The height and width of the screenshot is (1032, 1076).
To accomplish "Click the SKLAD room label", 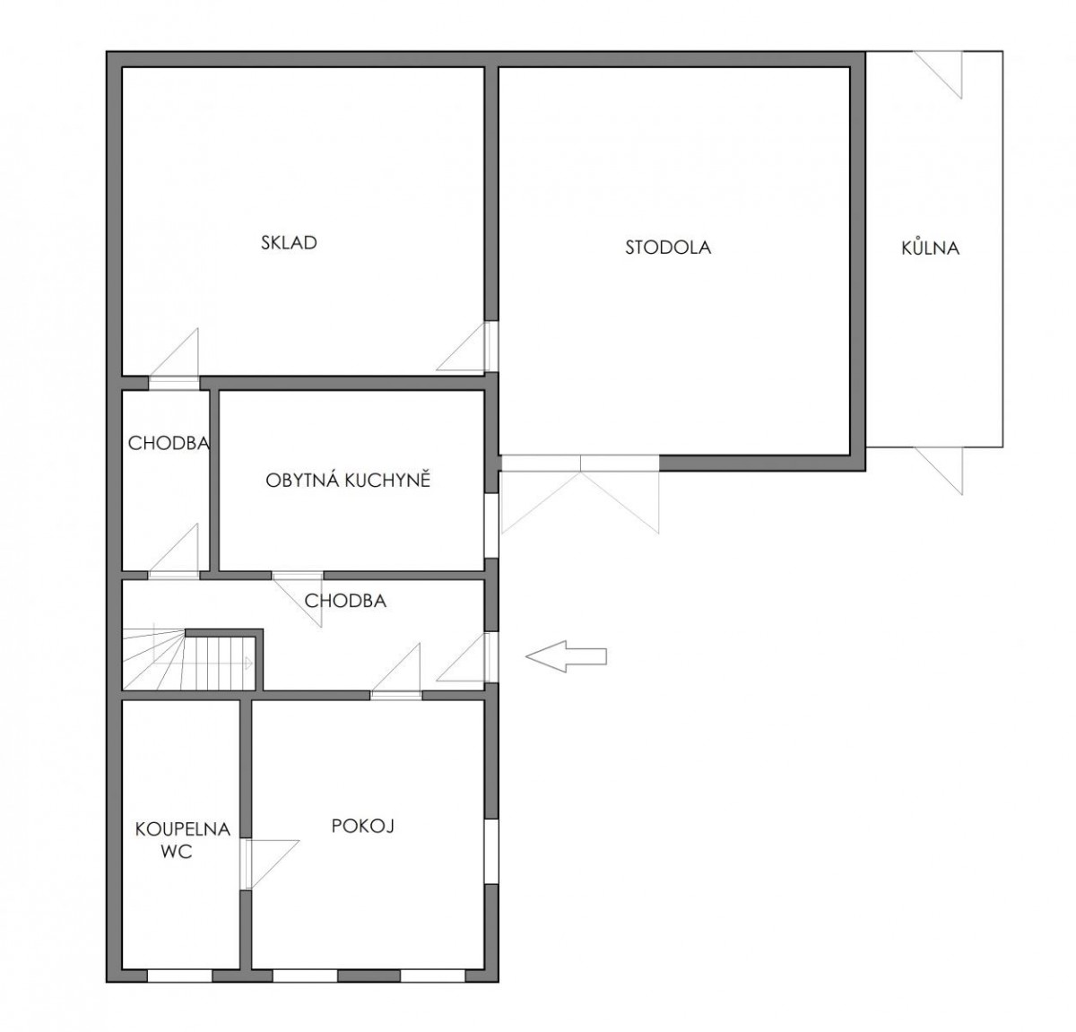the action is click(x=289, y=243).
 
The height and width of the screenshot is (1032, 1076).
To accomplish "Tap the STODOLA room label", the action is click(x=668, y=247).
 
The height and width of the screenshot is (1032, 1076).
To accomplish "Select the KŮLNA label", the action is click(x=931, y=247).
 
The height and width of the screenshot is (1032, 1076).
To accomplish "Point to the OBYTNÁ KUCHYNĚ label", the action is click(x=348, y=479).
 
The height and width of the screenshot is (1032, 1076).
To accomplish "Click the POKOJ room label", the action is click(x=363, y=826).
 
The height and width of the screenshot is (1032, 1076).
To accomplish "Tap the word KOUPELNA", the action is click(x=183, y=828).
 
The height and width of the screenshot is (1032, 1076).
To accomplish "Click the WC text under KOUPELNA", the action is click(x=177, y=851).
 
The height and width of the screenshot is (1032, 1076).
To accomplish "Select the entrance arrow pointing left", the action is click(x=566, y=656).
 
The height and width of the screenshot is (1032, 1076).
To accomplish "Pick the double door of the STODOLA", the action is click(x=580, y=494).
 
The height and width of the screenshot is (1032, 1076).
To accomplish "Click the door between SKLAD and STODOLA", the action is click(x=466, y=347).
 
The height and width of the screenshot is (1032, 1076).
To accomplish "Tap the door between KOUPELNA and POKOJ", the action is click(x=270, y=865).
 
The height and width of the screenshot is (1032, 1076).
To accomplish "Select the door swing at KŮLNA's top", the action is click(x=938, y=74).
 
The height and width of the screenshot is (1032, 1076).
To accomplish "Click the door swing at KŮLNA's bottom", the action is click(x=938, y=470).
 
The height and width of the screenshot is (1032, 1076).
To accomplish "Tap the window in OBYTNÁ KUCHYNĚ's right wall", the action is click(x=491, y=525).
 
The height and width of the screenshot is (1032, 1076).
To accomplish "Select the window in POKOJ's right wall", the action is click(x=491, y=852).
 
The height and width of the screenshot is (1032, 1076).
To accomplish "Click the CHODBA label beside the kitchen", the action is click(x=169, y=443).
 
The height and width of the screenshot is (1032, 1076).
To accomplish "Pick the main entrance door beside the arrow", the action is click(x=466, y=657).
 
